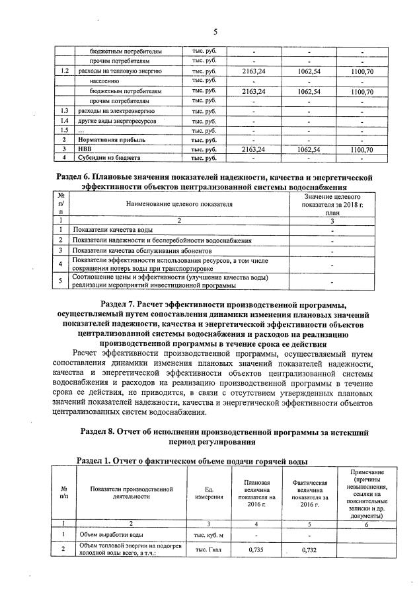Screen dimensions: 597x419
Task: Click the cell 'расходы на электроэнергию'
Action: click(110, 111)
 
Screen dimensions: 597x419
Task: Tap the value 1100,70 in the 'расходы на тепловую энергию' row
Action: click(362, 71)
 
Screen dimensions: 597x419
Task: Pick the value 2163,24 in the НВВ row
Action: click(253, 150)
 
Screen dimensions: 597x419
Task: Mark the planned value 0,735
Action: click(254, 549)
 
